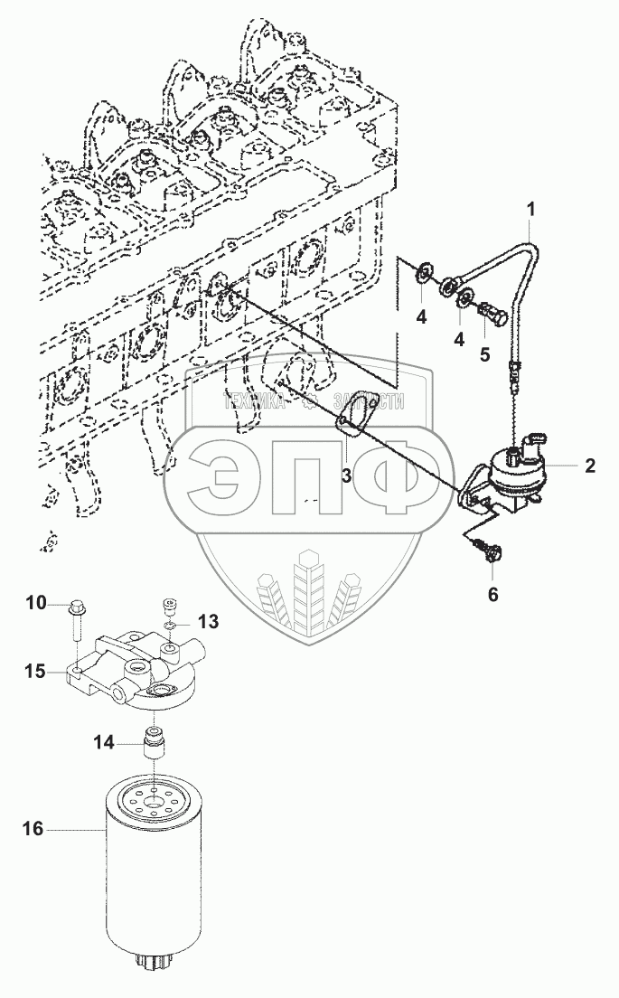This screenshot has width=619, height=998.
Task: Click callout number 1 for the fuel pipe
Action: (x=531, y=209)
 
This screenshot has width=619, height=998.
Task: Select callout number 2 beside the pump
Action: (x=589, y=466)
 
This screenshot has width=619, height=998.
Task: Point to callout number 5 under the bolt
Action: (x=485, y=354)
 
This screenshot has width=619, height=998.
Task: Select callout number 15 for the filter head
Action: (x=34, y=671)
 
